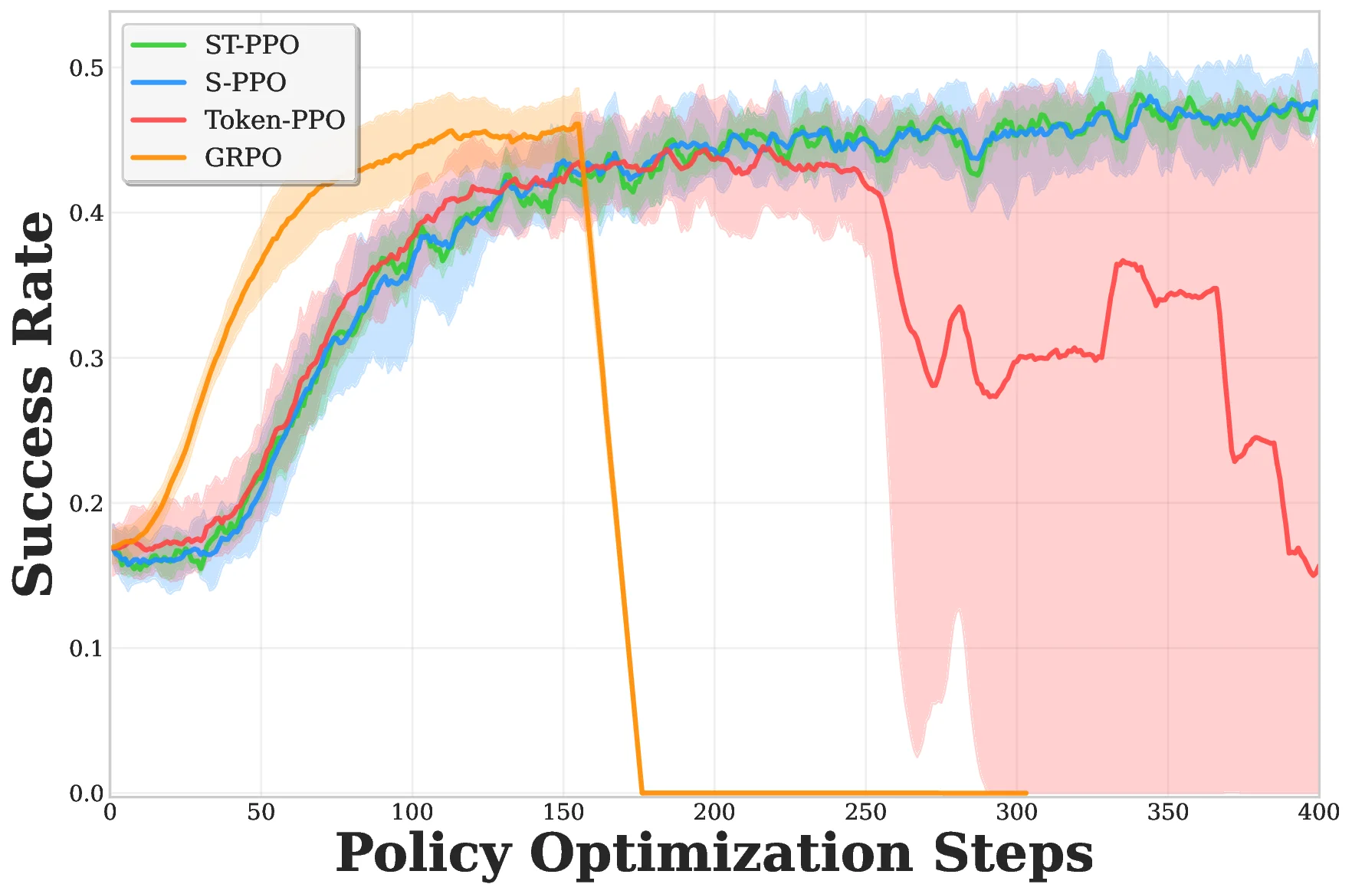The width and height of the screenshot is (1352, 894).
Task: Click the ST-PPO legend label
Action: pyautogui.click(x=251, y=44)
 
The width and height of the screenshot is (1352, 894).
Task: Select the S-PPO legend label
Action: pyautogui.click(x=245, y=82)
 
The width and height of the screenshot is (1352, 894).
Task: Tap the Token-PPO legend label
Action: pyautogui.click(x=274, y=120)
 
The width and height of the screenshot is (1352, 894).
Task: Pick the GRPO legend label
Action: pyautogui.click(x=243, y=157)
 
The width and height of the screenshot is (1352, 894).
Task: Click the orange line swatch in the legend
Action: pyautogui.click(x=159, y=157)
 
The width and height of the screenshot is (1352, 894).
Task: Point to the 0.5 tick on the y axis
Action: pyautogui.click(x=86, y=67)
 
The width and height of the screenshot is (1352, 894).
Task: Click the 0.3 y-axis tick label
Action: pyautogui.click(x=86, y=358)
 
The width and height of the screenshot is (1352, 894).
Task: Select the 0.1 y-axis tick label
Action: pyautogui.click(x=86, y=649)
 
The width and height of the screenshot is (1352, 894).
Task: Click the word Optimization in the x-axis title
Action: pyautogui.click(x=720, y=853)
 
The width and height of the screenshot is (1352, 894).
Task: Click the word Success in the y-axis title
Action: pyautogui.click(x=34, y=479)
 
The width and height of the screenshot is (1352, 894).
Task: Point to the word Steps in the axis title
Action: pyautogui.click(x=1012, y=853)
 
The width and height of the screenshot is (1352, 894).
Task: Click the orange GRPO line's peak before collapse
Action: pyautogui.click(x=577, y=124)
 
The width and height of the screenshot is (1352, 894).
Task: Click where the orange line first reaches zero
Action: pyautogui.click(x=642, y=792)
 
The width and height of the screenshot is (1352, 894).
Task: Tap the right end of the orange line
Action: pyautogui.click(x=1025, y=793)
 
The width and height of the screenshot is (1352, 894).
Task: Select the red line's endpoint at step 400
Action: pyautogui.click(x=1318, y=568)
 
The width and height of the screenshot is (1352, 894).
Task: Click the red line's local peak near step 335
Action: pyautogui.click(x=1123, y=261)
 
